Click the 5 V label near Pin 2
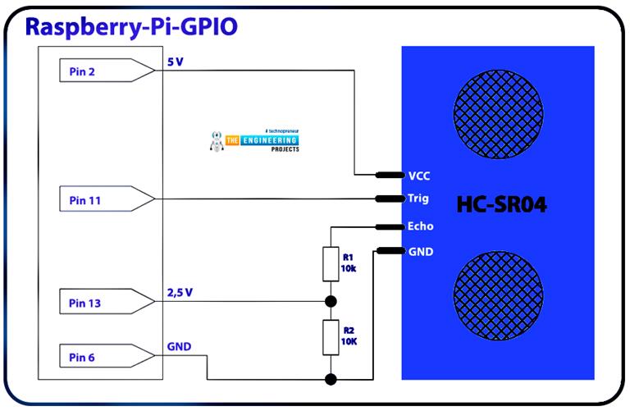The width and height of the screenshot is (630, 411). pos(174,62)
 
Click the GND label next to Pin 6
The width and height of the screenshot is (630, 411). pos(179,346)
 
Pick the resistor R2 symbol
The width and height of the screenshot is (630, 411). pos(331,337)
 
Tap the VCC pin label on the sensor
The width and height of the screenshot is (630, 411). pos(418,176)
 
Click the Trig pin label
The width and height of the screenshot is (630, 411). pos(418,199)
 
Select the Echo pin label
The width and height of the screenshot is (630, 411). pos(420,226)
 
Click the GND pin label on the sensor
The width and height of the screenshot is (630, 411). pos(420,252)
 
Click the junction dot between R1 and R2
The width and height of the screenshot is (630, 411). pos(331,301)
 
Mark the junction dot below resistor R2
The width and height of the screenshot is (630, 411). pos(331,379)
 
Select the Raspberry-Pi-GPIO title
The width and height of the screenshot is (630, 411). pos(131,27)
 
